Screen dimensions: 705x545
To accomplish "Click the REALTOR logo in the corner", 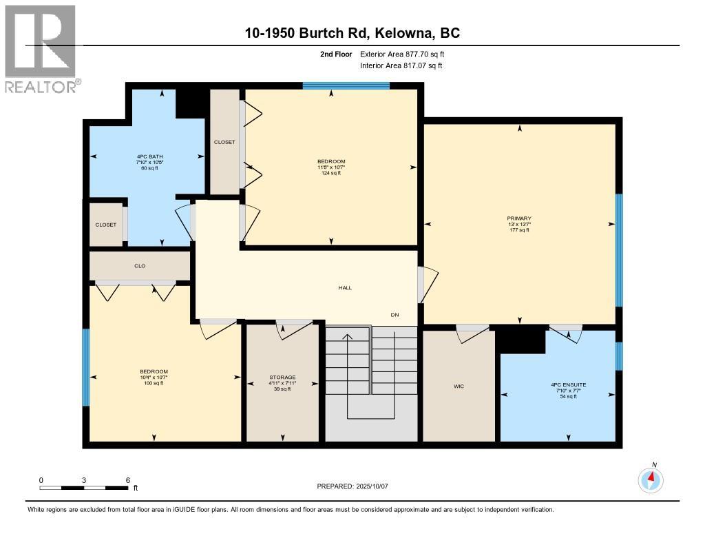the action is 41,48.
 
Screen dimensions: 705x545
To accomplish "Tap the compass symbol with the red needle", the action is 651,479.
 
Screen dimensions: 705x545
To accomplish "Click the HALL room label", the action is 345,288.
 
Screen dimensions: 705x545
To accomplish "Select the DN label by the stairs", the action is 395,315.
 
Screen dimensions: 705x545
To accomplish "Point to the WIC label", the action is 459,387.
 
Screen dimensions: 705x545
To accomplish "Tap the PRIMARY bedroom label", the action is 519,218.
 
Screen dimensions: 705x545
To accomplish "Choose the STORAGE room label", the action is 282,378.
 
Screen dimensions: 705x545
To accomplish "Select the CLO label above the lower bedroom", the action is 140,266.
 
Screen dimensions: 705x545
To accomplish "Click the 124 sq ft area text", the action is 331,173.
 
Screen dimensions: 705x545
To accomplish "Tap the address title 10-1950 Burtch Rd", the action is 352,32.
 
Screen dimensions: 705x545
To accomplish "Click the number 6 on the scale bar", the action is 128,480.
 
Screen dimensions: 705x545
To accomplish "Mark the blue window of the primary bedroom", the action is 618,249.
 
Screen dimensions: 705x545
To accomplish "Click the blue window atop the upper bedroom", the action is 346,86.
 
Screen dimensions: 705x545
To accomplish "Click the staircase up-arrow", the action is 348,338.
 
